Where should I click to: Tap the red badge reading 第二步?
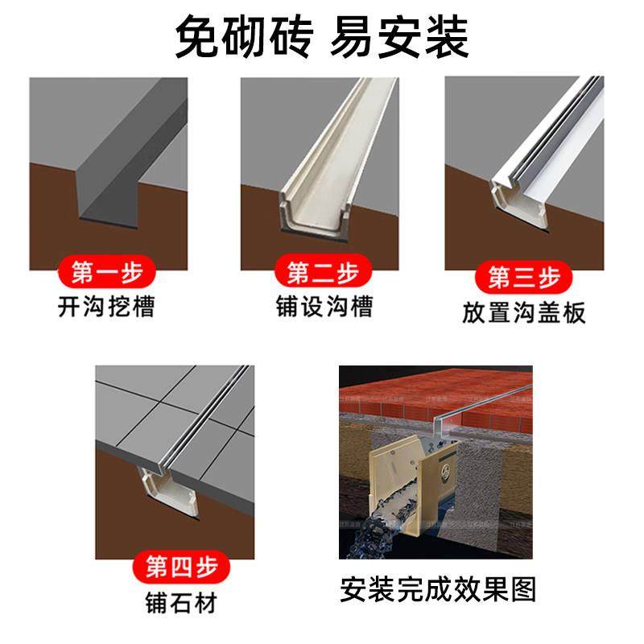[322, 273]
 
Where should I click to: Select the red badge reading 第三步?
[524, 278]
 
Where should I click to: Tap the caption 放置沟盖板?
[524, 312]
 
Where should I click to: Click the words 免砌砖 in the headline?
[242, 37]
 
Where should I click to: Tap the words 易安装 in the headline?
[399, 37]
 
